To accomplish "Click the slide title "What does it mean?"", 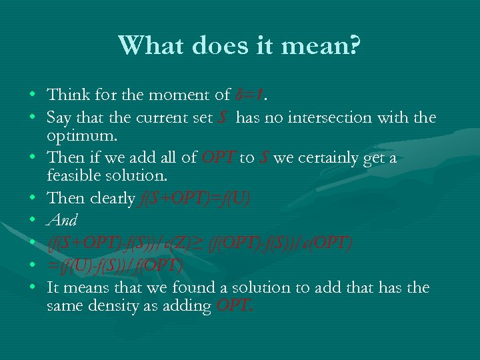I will pos(240,46).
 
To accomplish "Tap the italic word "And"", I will pos(62,220).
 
